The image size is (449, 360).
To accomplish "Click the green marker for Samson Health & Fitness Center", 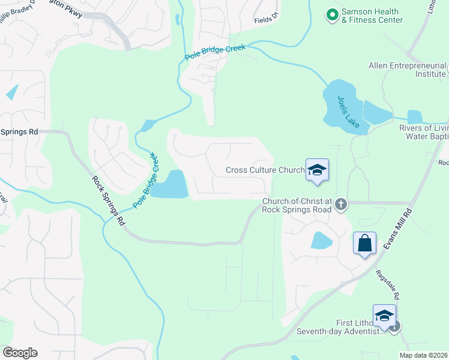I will pyautogui.click(x=331, y=14).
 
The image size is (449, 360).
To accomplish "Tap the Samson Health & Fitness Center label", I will pyautogui.click(x=372, y=16).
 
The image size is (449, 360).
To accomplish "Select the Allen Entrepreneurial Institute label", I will pyautogui.click(x=408, y=70).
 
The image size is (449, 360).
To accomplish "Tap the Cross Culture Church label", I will pyautogui.click(x=265, y=170).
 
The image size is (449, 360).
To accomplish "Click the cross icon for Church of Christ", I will pyautogui.click(x=340, y=204).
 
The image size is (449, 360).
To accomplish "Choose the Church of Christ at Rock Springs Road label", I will pyautogui.click(x=297, y=205).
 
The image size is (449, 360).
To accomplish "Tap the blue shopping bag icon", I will pyautogui.click(x=364, y=244).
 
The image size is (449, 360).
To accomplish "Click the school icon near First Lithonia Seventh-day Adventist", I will pyautogui.click(x=384, y=316).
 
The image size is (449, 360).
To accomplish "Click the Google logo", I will pyautogui.click(x=20, y=352).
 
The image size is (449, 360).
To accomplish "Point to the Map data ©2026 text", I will pyautogui.click(x=423, y=355).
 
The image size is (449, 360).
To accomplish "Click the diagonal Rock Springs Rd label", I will pyautogui.click(x=109, y=200).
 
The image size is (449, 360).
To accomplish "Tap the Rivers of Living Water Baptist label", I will pyautogui.click(x=423, y=132).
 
